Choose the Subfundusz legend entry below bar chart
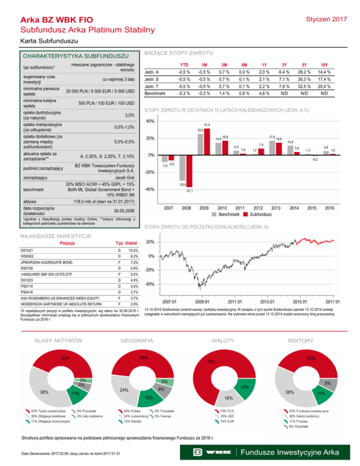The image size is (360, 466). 256,214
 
